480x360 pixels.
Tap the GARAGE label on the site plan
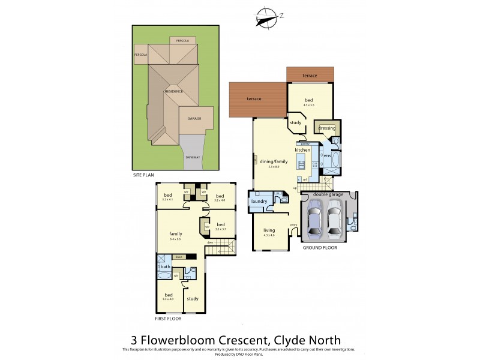tap(194, 119)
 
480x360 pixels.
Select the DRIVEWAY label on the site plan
tap(193, 157)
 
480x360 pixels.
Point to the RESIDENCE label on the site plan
tap(174, 91)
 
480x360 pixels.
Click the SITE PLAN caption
tap(143, 175)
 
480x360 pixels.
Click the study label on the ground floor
tap(295, 123)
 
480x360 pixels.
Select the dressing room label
tap(327, 128)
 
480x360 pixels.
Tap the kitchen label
tap(310, 149)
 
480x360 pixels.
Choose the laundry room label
tap(259, 201)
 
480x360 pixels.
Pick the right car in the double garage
tap(334, 219)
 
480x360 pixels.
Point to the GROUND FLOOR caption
tap(320, 247)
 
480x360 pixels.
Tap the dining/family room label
tap(274, 161)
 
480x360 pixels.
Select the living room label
tap(269, 230)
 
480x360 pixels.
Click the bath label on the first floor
tap(164, 267)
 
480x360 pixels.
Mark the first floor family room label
tap(175, 233)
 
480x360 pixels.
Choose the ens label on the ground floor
tap(328, 156)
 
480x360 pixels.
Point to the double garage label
tap(329, 194)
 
